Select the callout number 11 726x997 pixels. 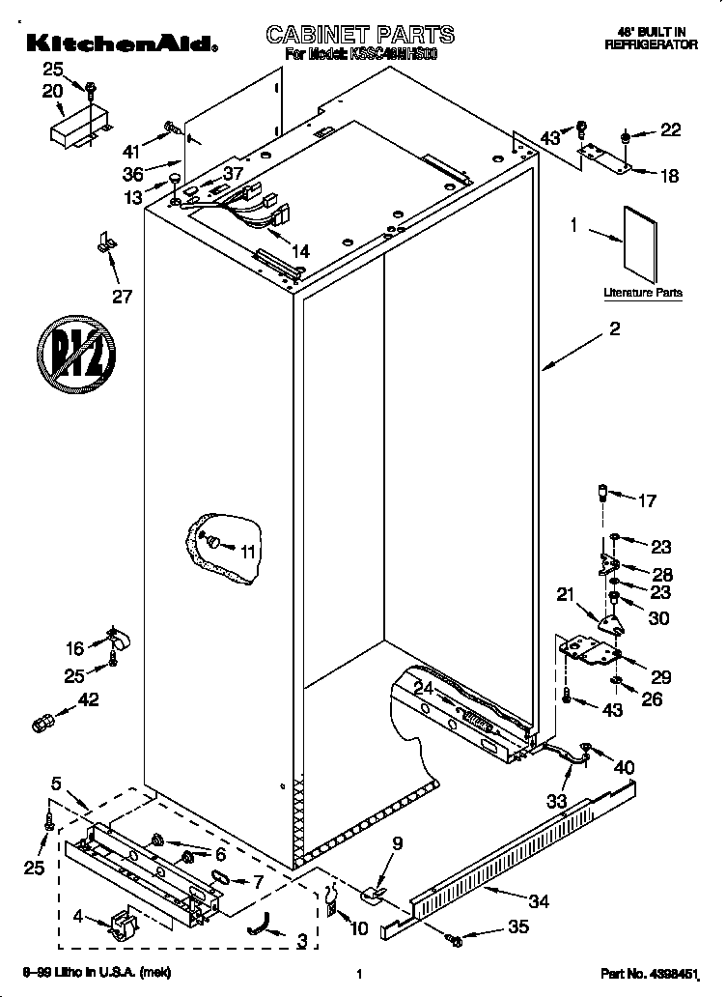tap(249, 552)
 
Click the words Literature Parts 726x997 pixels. tap(642, 292)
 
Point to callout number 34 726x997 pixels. tap(539, 902)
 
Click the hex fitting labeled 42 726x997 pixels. tap(42, 722)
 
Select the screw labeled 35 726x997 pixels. tap(454, 937)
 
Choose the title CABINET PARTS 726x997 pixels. tap(359, 35)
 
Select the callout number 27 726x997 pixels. tap(122, 296)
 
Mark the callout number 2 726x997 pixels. tap(614, 329)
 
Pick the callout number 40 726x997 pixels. tap(625, 767)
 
